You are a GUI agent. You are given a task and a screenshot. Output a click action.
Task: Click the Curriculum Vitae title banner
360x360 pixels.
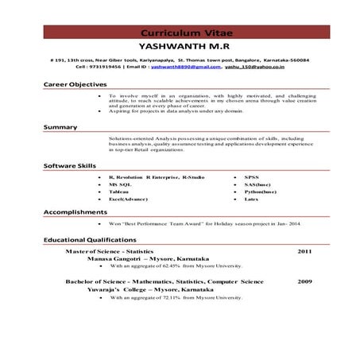180,33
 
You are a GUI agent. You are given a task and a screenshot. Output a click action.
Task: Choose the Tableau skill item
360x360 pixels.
119,192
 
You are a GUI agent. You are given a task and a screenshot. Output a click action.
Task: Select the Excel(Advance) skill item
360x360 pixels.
129,201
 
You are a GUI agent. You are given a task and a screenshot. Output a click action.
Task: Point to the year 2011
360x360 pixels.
304,250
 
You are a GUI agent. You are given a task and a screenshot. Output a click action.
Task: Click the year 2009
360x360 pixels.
304,281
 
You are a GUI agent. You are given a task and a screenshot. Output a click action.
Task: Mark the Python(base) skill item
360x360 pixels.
261,192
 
